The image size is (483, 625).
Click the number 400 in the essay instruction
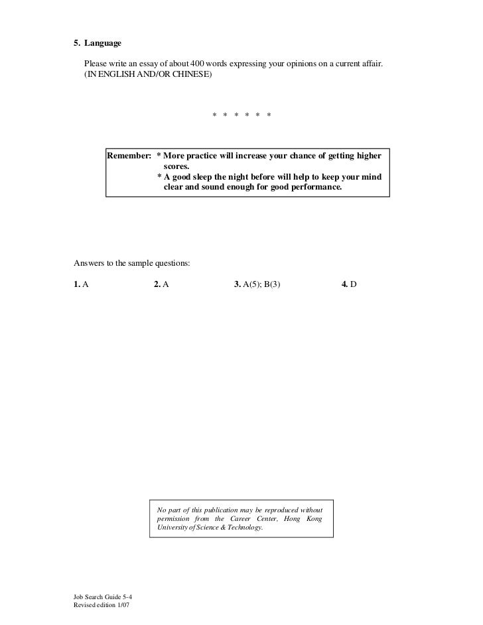pyautogui.click(x=198, y=62)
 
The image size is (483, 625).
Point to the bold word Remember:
pyautogui.click(x=130, y=156)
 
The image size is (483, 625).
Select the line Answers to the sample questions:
pyautogui.click(x=131, y=263)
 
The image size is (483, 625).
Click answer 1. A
pyautogui.click(x=81, y=284)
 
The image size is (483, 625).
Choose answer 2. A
pyautogui.click(x=161, y=284)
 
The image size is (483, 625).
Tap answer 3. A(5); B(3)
pyautogui.click(x=258, y=284)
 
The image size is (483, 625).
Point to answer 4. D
pyautogui.click(x=349, y=284)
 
